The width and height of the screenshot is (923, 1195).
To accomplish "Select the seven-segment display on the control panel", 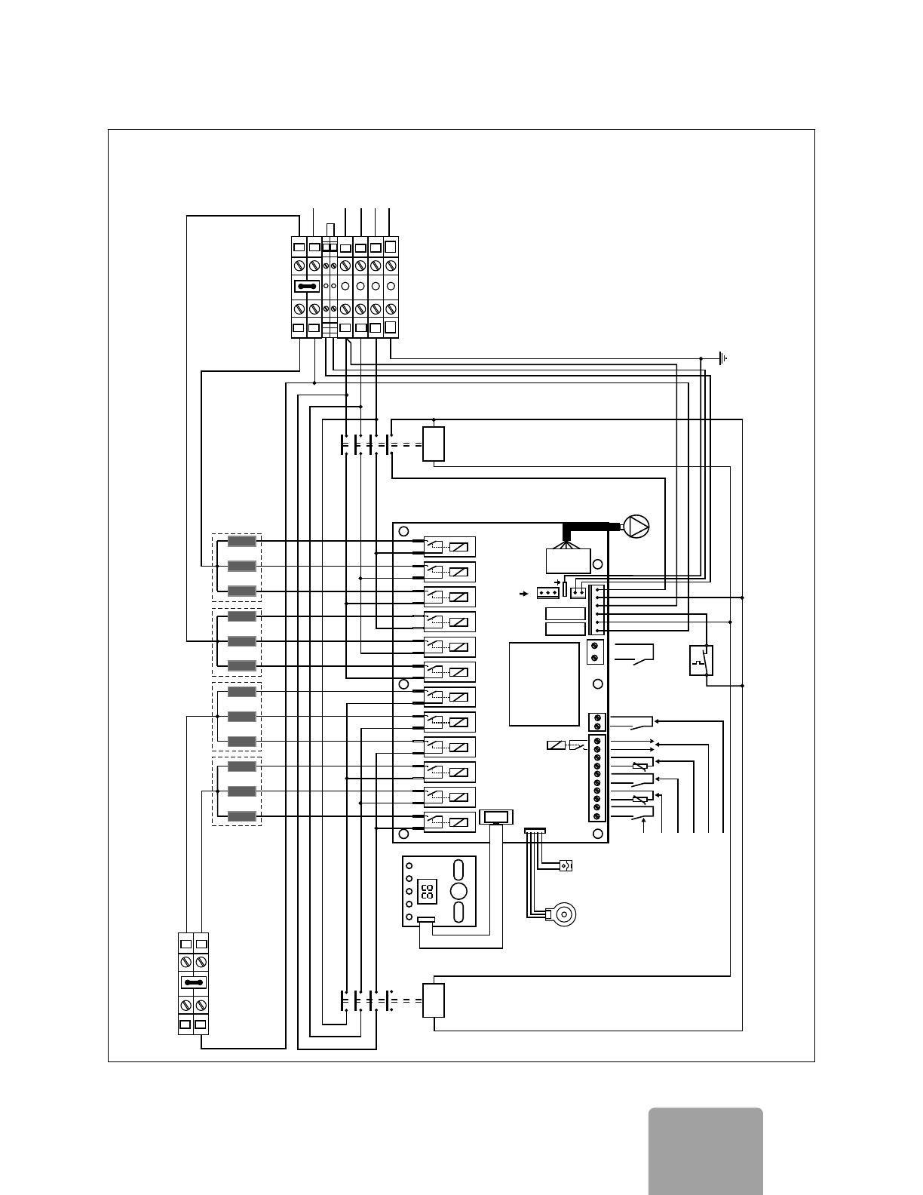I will [x=427, y=892].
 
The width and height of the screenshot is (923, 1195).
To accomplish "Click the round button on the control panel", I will [x=458, y=891].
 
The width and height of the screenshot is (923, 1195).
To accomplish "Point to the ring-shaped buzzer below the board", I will [x=562, y=914].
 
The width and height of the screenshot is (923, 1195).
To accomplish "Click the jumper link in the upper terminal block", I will [x=307, y=287].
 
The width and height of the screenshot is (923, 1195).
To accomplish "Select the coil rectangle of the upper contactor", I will [x=434, y=444].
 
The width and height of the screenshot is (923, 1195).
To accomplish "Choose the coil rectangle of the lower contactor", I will [x=434, y=1000].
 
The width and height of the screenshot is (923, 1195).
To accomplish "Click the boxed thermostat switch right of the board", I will [x=701, y=660].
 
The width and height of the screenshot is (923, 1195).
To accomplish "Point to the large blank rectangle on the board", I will [x=544, y=684].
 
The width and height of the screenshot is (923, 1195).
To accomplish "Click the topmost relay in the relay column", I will [x=449, y=547].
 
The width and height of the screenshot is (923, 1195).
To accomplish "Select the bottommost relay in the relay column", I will [x=449, y=822].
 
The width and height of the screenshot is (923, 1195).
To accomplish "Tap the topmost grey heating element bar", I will [x=242, y=541].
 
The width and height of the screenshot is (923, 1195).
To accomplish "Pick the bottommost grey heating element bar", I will [x=242, y=816].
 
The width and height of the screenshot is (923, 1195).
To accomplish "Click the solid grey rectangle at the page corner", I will [x=705, y=1150].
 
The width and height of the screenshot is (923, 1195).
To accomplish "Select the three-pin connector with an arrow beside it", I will [x=547, y=593].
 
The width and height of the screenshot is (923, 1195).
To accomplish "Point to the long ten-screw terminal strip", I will [x=597, y=778].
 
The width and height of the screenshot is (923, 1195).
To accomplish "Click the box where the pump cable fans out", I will [x=568, y=561].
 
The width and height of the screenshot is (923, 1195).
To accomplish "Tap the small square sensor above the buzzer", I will [x=566, y=865].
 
